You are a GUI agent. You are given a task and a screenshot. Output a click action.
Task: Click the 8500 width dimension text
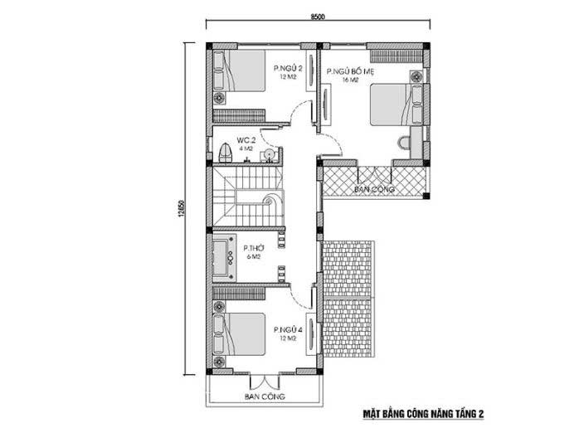point(318,17)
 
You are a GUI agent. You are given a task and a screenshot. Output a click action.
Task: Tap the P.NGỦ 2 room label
point(288,69)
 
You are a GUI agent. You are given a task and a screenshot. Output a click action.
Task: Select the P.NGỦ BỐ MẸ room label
point(350,71)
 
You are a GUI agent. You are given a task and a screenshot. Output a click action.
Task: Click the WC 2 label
point(246,140)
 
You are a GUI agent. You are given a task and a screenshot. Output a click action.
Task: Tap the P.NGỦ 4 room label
point(288,329)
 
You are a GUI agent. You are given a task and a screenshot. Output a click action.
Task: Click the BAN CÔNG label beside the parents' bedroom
point(374,189)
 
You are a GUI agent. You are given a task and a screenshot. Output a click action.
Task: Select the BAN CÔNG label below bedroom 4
point(265,396)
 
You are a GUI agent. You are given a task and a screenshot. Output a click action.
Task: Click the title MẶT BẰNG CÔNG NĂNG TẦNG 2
point(423,414)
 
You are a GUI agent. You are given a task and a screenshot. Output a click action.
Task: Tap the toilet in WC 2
point(225,153)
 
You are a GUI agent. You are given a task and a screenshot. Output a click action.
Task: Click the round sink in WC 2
point(269,154)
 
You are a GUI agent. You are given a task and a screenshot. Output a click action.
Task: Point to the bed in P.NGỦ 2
point(239,71)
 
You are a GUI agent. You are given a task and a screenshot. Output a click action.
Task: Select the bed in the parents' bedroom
point(397,105)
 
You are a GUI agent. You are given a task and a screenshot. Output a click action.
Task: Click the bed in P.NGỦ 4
point(239,333)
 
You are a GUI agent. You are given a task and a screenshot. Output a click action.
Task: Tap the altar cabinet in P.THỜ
point(224,258)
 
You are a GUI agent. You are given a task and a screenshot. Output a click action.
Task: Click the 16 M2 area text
point(350,80)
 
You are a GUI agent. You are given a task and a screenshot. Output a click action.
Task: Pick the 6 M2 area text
point(253,256)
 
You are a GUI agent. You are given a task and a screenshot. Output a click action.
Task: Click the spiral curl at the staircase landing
point(269,201)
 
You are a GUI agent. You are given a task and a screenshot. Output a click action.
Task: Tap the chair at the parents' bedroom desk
point(403,143)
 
